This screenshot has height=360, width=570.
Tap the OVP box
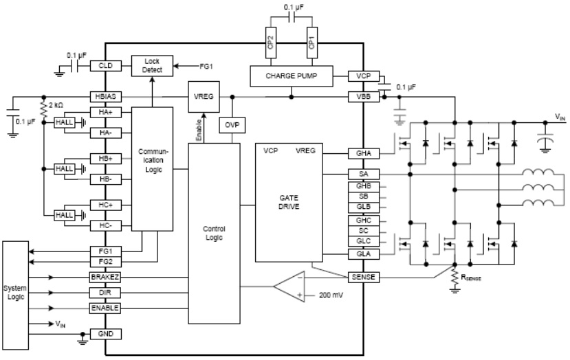coord(230,126)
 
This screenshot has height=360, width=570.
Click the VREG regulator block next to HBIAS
coord(204,97)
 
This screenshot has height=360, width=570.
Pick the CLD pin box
coord(106,66)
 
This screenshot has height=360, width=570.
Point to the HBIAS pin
coord(106,97)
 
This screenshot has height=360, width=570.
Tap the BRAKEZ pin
coord(106,278)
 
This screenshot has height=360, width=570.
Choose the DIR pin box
coord(106,293)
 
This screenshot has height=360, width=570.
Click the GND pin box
coord(106,334)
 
